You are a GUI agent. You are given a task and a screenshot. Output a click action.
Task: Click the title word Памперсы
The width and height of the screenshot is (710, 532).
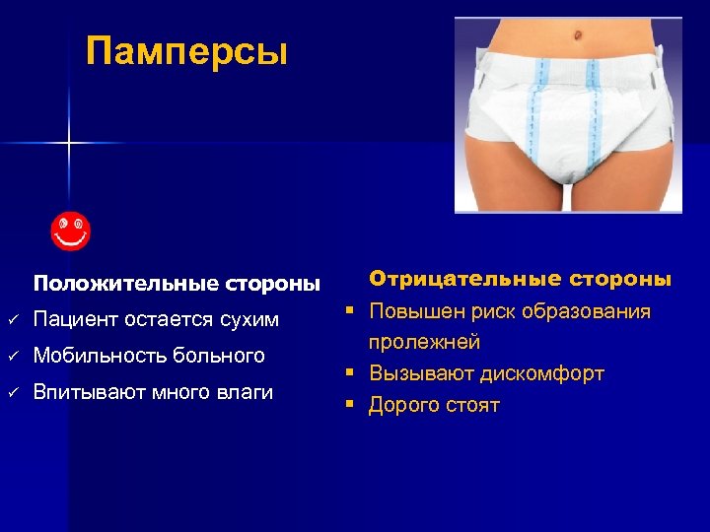[x=186, y=50]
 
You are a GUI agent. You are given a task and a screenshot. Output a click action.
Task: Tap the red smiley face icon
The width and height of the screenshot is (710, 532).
[x=71, y=231]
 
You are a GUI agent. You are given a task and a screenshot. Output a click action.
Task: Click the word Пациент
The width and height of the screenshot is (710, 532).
[x=75, y=319]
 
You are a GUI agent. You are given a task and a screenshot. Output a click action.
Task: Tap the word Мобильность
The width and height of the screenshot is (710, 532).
[x=100, y=355]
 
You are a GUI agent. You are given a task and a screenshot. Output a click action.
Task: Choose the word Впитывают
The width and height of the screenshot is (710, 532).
[x=86, y=392]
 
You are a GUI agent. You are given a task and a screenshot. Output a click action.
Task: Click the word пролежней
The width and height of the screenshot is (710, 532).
[x=424, y=343]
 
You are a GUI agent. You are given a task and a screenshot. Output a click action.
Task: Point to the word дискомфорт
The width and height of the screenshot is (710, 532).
[x=541, y=373]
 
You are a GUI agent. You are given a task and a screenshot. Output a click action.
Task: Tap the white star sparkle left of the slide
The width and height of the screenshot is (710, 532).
[x=69, y=144]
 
